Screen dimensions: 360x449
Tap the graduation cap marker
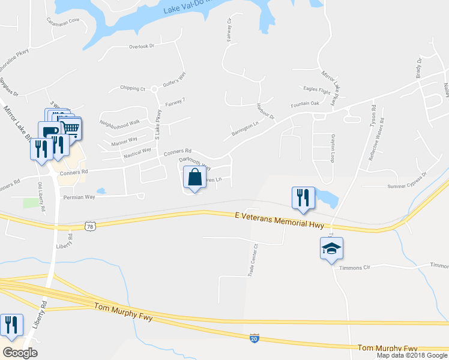331,248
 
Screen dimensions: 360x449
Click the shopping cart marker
71,128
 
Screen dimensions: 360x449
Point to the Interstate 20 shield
255,339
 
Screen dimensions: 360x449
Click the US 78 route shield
90,226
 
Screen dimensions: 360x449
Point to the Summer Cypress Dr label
407,181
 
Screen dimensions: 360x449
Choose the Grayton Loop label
332,149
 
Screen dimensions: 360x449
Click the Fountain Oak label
305,103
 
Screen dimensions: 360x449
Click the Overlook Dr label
142,46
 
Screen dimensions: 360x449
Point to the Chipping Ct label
133,88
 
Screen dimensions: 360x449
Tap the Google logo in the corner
20,353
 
